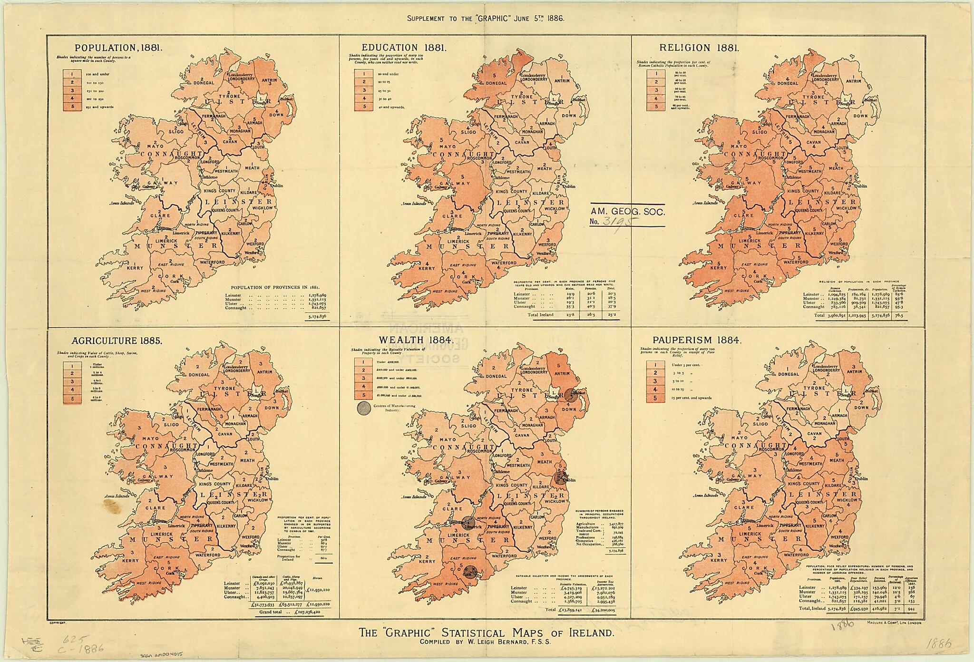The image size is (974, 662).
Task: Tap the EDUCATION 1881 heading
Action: click(x=403, y=48)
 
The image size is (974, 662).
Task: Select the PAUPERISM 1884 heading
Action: click(x=697, y=340)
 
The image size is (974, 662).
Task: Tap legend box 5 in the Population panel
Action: click(x=73, y=107)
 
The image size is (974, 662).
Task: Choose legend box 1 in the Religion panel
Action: click(x=656, y=74)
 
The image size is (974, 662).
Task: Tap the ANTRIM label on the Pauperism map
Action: click(x=854, y=374)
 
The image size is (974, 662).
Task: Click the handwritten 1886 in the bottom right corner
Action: click(x=934, y=645)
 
